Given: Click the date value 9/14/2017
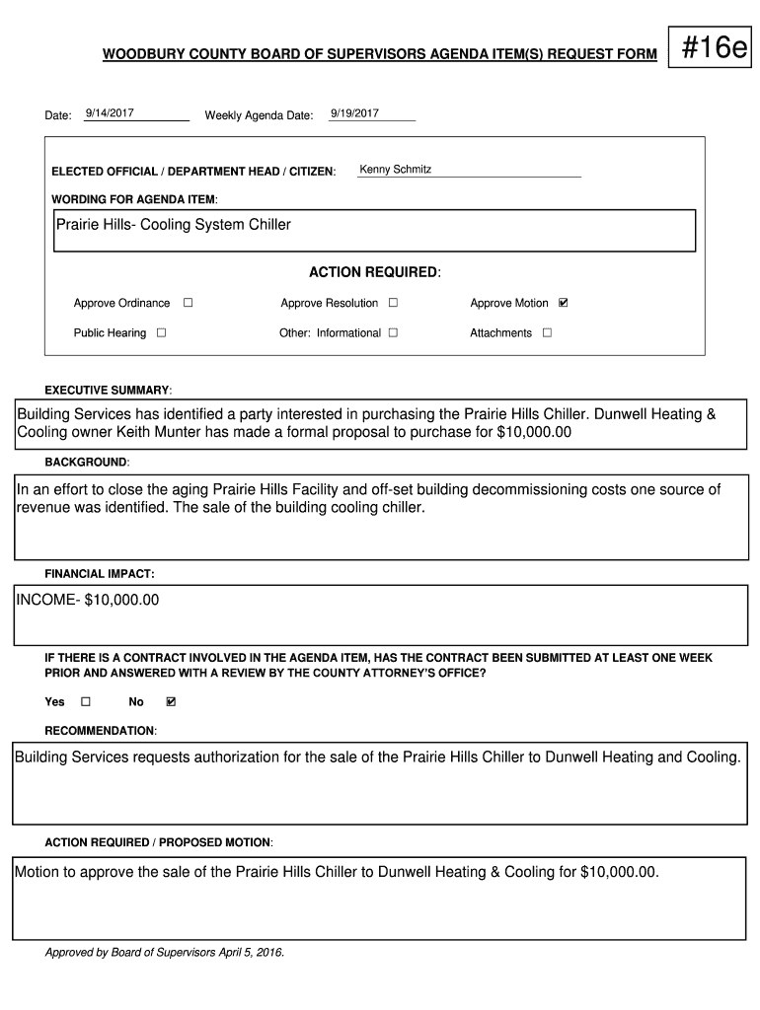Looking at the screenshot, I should (x=110, y=113).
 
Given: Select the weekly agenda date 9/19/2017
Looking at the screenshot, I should (x=354, y=113).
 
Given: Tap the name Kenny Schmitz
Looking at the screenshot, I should (x=395, y=170).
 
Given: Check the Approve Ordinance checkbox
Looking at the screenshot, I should (x=188, y=303).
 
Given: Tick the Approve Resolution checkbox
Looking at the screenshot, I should (x=393, y=303).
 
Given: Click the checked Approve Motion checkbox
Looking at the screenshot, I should (x=564, y=303).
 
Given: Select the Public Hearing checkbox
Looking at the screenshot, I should (x=161, y=332).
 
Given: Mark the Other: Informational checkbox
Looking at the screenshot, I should (x=393, y=332).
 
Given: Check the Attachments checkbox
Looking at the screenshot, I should (x=547, y=332).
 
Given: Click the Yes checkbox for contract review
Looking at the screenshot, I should (x=85, y=701).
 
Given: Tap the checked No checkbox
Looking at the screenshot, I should (x=171, y=701).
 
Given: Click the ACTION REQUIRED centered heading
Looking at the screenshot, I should (x=375, y=272).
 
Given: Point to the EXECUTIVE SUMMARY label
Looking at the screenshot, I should (x=109, y=391).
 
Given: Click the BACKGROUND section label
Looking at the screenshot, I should (x=87, y=463).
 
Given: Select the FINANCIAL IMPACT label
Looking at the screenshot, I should (x=99, y=573).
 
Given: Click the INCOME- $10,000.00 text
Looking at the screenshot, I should (x=88, y=600).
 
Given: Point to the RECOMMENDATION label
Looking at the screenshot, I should (x=101, y=731).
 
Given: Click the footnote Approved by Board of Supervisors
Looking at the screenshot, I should (x=165, y=953).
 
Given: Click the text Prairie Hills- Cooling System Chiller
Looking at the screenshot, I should (x=174, y=225).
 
